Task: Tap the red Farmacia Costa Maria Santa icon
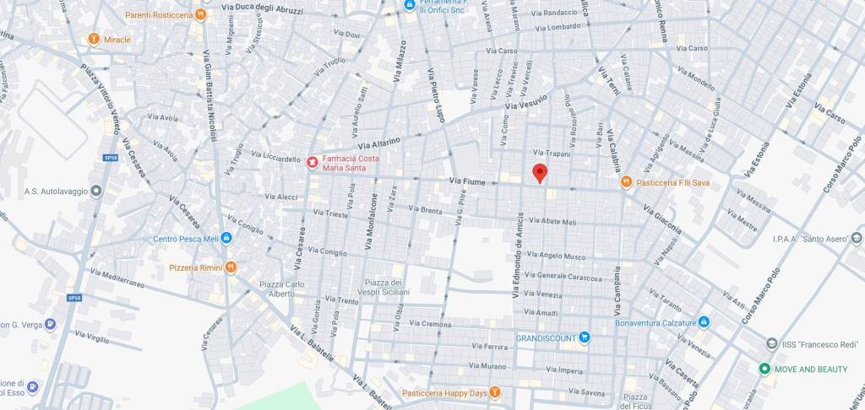point(313,161)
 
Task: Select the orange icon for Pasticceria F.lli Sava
point(626,181)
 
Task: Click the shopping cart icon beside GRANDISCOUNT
point(584,337)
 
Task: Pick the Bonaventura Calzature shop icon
point(704,322)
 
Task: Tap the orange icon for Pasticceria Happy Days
point(495,392)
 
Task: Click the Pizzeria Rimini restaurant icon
point(231,267)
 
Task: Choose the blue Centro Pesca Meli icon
point(226,239)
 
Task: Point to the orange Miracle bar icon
point(95,39)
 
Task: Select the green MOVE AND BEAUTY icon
point(764,369)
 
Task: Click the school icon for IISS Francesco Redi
point(771,344)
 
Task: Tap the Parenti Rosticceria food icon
point(200,14)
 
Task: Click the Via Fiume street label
point(466,181)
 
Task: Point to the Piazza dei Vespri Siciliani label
point(387,287)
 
